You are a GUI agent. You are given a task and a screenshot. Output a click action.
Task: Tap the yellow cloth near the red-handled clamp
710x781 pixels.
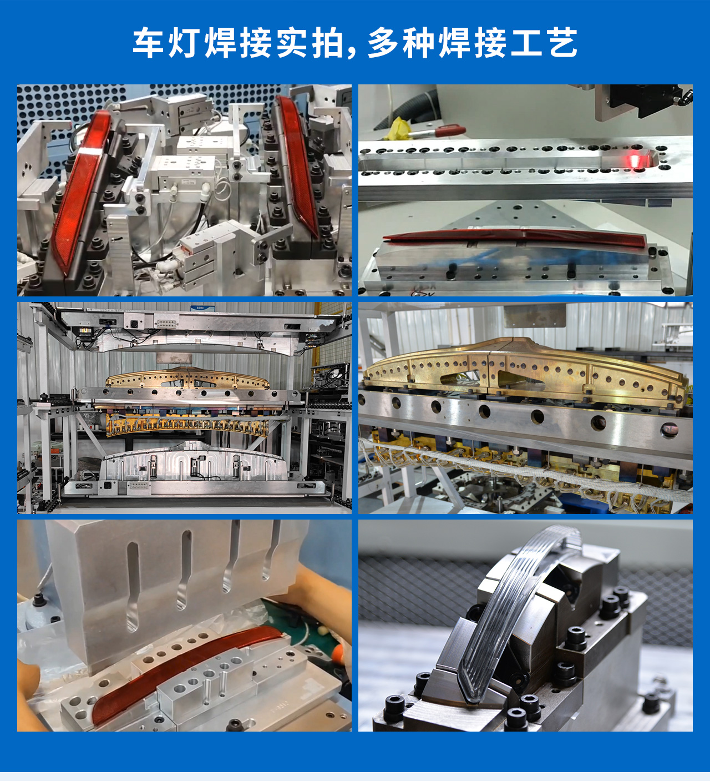click(398, 129)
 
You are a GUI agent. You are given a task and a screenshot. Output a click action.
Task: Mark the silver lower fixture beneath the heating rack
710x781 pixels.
click(194, 463)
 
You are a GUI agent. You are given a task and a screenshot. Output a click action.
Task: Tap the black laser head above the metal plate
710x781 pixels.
click(638, 100)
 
